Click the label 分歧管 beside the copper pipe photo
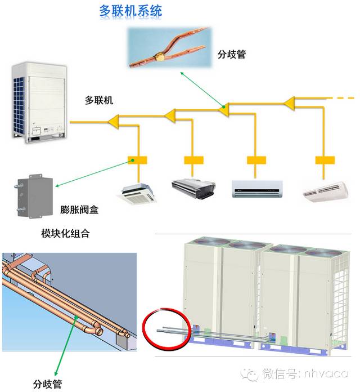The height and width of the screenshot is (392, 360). coord(232,55)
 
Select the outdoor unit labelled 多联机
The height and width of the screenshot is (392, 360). coord(37,101)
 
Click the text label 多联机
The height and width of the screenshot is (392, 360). coord(99,100)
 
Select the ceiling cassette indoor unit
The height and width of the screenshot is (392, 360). coord(139,191)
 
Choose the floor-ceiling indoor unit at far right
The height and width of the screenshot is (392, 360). coord(326,191)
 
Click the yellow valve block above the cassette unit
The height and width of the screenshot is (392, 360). coord(137,160)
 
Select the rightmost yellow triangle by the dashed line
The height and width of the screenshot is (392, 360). coord(289,103)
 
